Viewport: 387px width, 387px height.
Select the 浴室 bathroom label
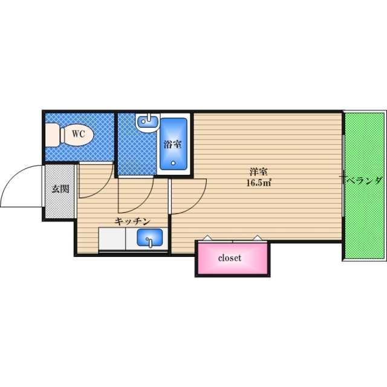point(172,144)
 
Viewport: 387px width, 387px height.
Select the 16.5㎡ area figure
point(258,182)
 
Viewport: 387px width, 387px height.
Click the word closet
point(230,258)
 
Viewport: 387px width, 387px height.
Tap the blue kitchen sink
point(149,238)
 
